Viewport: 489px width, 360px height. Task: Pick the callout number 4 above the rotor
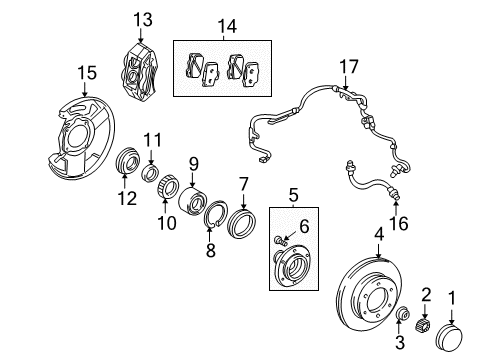pyautogui.click(x=378, y=234)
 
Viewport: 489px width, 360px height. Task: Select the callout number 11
pyautogui.click(x=151, y=139)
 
